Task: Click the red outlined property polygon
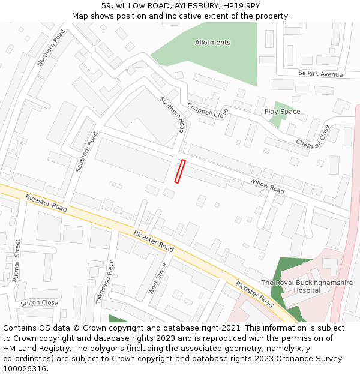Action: [180, 171]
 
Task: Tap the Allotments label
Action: [212, 43]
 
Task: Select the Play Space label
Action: [282, 112]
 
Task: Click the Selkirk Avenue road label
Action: [320, 74]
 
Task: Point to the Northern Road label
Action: [50, 47]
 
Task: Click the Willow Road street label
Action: [267, 185]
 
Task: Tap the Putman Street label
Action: [17, 260]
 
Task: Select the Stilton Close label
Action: [39, 302]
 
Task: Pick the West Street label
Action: [158, 278]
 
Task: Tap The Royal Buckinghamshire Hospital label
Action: [307, 286]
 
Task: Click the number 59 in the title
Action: [107, 5]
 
